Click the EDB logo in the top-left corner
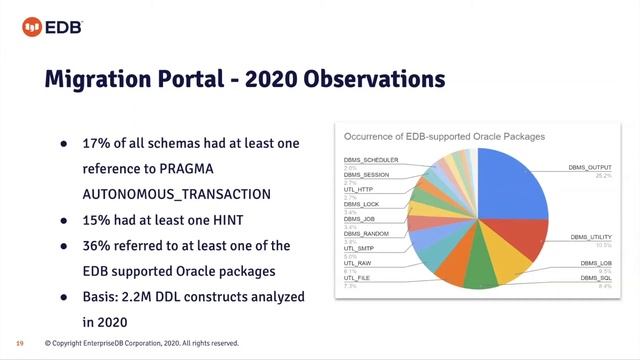click(43, 21)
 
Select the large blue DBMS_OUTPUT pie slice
click(504, 190)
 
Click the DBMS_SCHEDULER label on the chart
click(371, 160)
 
